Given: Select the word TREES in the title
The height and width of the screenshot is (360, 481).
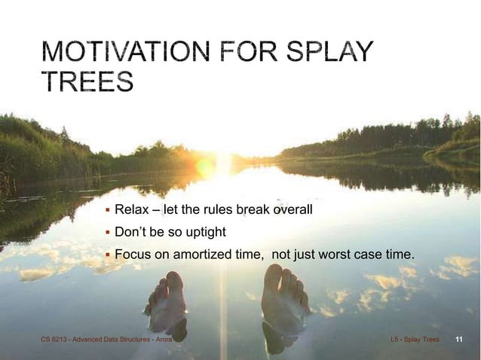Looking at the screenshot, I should coord(88,81).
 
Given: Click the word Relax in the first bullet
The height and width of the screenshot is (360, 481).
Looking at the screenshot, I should coord(131,208).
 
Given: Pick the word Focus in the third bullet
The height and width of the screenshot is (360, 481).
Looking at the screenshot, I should coord(133,255).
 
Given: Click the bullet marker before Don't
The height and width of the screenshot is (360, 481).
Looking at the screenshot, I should coord(108,231).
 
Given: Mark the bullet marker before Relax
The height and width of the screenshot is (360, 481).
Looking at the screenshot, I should coord(108,208).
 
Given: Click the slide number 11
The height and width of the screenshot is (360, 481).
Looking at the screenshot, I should coord(458,340).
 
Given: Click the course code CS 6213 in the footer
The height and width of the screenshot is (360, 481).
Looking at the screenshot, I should coord(54,340).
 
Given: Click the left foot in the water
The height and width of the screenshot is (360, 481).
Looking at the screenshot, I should coord(167,301).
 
